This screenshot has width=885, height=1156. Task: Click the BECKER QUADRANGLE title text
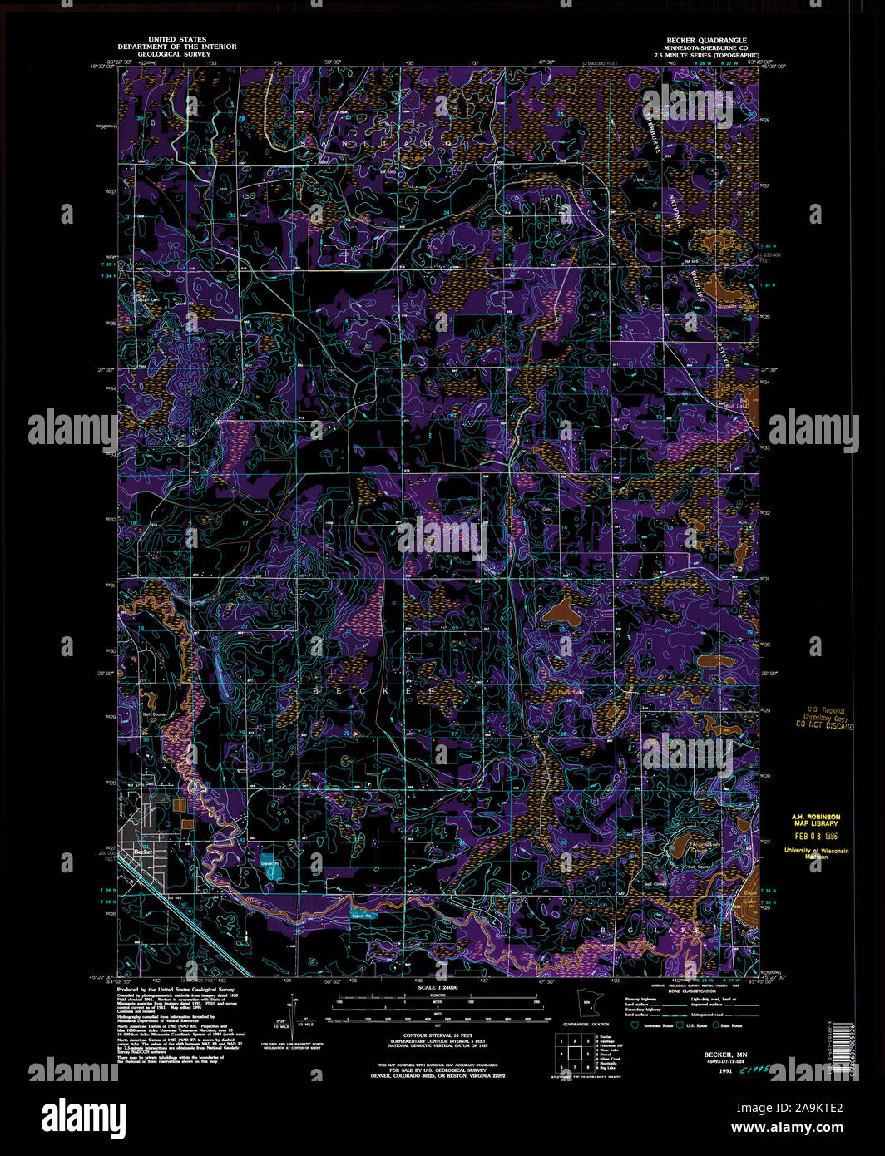coord(706,40)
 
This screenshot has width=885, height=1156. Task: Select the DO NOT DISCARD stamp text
coord(824,725)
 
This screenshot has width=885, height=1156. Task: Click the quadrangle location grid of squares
coord(575,1051)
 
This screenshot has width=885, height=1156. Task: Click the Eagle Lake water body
coord(750,898)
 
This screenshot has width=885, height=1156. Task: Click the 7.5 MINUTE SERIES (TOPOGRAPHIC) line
coord(706,54)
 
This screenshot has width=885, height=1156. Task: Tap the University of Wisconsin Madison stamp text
coord(816,853)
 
